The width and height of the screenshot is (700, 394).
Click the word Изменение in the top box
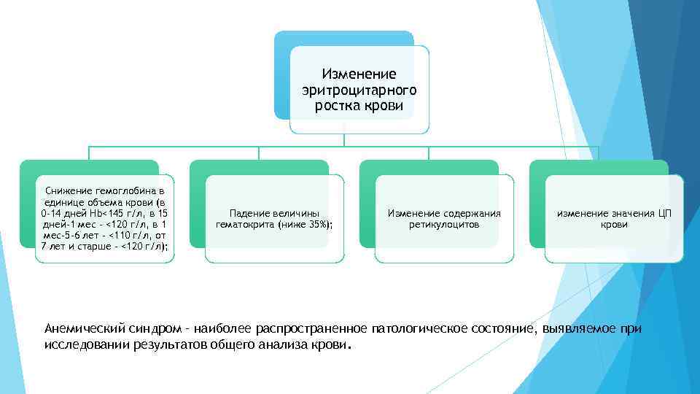tap(359, 74)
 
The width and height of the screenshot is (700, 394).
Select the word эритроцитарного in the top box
tap(359, 90)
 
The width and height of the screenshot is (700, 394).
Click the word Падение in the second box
tap(249, 213)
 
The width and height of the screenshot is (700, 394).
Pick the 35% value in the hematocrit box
tap(318, 225)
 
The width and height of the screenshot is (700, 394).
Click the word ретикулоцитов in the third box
tap(444, 225)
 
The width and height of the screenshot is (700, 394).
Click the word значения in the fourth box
tap(629, 213)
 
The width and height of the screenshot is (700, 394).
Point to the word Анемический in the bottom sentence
tap(85, 328)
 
